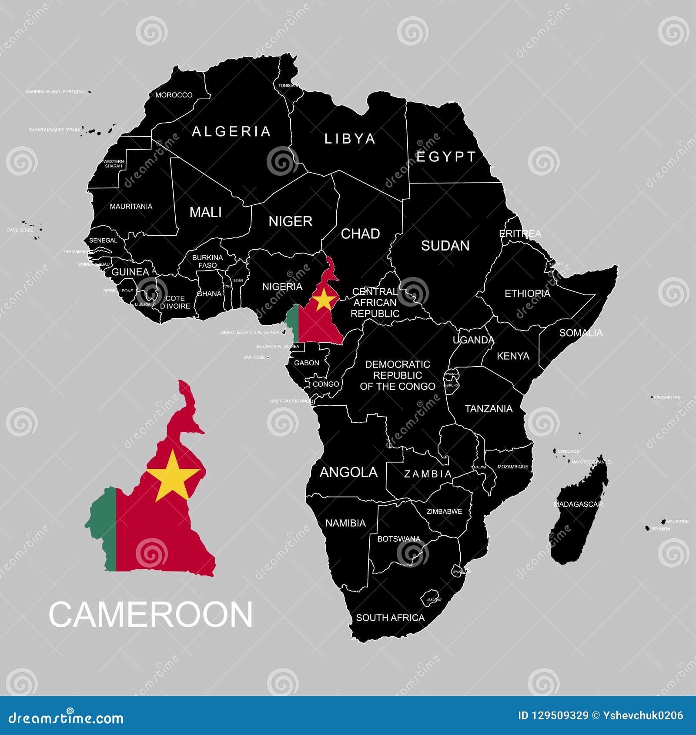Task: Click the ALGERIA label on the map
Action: click(x=231, y=131)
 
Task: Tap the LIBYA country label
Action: click(x=350, y=139)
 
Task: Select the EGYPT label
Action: click(x=446, y=157)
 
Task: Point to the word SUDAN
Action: click(x=445, y=246)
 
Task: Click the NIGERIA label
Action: click(x=282, y=287)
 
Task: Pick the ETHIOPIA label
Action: click(x=527, y=294)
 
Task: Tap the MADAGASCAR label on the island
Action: click(x=578, y=504)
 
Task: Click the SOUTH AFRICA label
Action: click(x=390, y=618)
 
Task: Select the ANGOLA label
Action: click(x=348, y=472)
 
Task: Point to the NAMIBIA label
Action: click(x=345, y=523)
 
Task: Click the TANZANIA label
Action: click(x=489, y=409)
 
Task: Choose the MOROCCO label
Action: click(x=174, y=95)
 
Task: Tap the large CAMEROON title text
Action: click(x=151, y=615)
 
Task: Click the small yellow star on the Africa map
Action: click(x=324, y=299)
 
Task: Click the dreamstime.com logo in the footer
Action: click(x=66, y=718)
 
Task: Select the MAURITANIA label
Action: click(x=131, y=206)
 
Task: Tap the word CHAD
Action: click(x=360, y=234)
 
